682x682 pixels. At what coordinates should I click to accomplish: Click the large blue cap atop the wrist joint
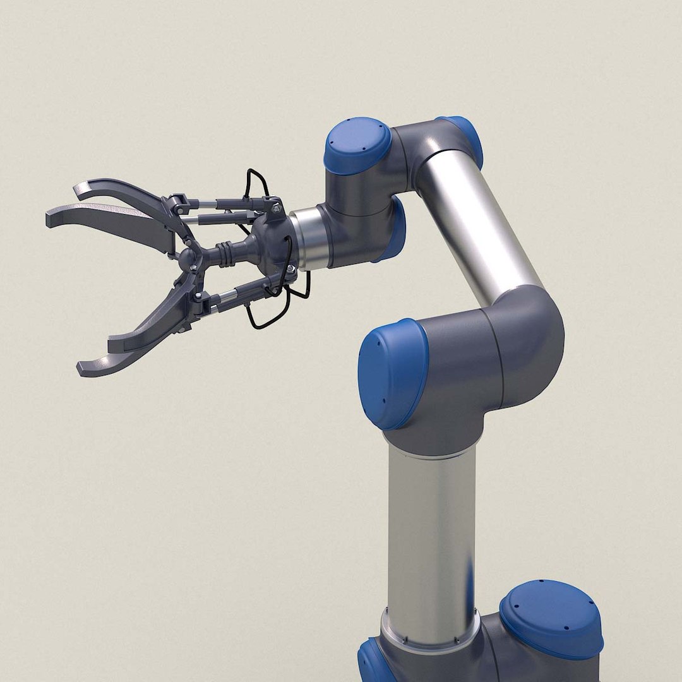coord(357,145)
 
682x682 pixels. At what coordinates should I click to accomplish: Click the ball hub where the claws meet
coord(189,257)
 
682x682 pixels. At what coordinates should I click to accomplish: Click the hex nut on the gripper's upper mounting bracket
coord(276,207)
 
